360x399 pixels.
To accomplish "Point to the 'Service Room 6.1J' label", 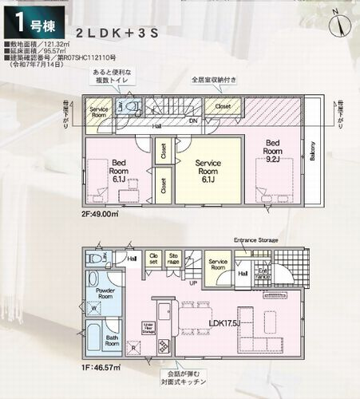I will [208, 171].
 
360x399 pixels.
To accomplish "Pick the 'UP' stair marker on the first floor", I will [192, 282].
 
